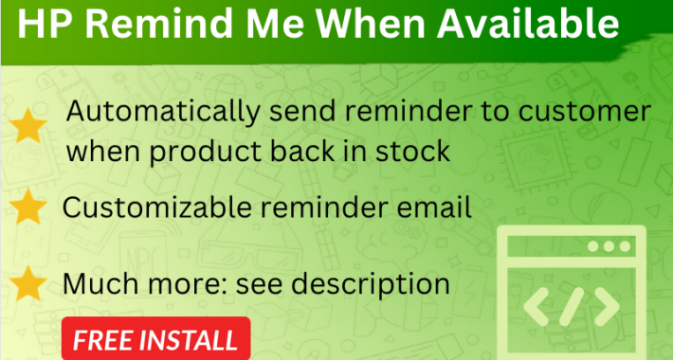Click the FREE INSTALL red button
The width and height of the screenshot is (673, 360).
pos(155,340)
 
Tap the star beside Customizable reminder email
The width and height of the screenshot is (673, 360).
pos(31,205)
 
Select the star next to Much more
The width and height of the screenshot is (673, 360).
pos(31,282)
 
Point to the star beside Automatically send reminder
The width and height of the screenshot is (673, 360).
pos(31,123)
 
